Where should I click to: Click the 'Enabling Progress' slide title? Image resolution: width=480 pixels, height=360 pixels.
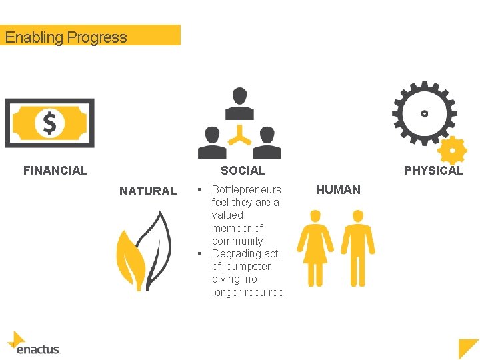(66, 37)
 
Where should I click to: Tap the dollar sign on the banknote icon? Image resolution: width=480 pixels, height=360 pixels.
(49, 123)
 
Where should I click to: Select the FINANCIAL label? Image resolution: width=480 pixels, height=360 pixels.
(55, 171)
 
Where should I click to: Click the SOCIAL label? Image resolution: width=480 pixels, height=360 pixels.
(243, 171)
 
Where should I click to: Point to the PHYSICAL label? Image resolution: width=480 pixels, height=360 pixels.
(433, 171)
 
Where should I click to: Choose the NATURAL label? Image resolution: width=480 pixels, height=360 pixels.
(148, 191)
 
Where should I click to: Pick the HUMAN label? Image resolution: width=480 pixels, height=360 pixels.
(338, 190)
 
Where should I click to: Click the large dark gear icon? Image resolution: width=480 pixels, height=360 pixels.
(424, 113)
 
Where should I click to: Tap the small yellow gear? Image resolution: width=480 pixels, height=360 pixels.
(453, 151)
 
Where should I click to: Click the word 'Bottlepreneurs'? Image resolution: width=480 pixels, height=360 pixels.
(247, 190)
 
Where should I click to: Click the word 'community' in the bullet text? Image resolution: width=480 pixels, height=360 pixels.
(237, 241)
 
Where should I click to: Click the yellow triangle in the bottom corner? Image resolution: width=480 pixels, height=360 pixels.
(468, 348)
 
